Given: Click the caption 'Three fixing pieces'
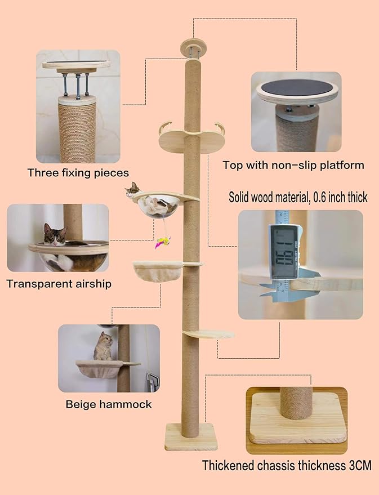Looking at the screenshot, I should click(x=78, y=173).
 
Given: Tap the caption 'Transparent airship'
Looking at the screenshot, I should click(x=59, y=283).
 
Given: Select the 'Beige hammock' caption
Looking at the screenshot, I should click(x=109, y=404).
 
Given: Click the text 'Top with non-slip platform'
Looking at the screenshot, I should click(x=293, y=166).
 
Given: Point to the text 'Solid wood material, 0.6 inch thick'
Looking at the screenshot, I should click(x=298, y=197).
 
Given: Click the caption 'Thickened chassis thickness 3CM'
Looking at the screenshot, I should click(x=287, y=466).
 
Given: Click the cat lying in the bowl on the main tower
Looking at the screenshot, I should click(x=134, y=190).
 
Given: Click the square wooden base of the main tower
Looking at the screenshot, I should click(x=190, y=437).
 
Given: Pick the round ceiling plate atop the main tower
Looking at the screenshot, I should click(x=192, y=46).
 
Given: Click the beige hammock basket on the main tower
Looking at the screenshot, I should click(x=157, y=273).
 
